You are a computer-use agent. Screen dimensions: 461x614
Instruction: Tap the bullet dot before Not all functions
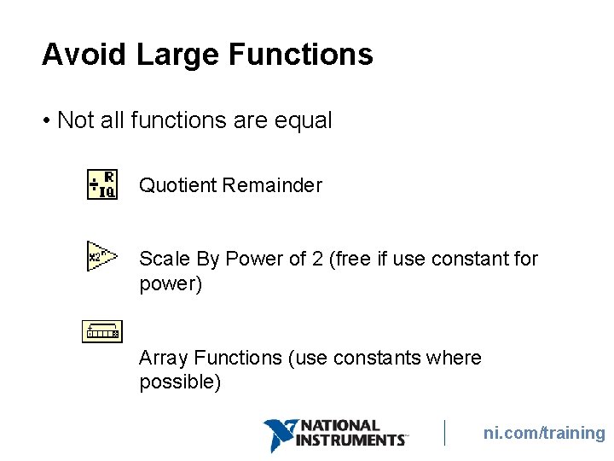[x=46, y=121]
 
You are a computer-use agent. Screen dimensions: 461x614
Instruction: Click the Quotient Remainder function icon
[x=102, y=185]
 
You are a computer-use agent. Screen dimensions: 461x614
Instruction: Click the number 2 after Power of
[x=317, y=259]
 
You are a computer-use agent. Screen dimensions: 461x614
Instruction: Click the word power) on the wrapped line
[x=171, y=284]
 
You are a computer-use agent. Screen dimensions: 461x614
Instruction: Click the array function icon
[x=102, y=331]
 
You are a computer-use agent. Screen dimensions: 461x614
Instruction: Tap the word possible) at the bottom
[x=180, y=382]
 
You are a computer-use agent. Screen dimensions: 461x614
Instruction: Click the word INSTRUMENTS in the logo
[x=350, y=441]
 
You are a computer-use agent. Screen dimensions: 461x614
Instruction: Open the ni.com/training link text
[x=543, y=433]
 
